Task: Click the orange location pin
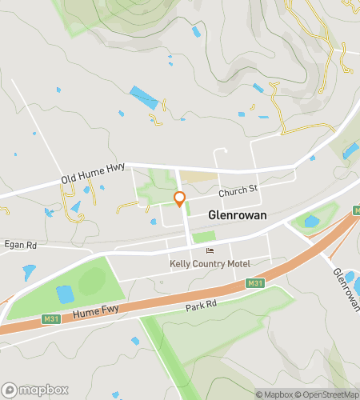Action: [x=180, y=199]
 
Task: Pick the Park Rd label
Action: [x=201, y=305]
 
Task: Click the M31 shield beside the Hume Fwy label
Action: [x=50, y=319]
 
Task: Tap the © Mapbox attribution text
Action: [x=274, y=394]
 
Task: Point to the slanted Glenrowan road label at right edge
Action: [x=345, y=286]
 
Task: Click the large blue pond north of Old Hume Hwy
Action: [x=145, y=97]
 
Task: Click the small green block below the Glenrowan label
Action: [x=204, y=237]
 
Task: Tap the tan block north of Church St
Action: [x=197, y=176]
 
